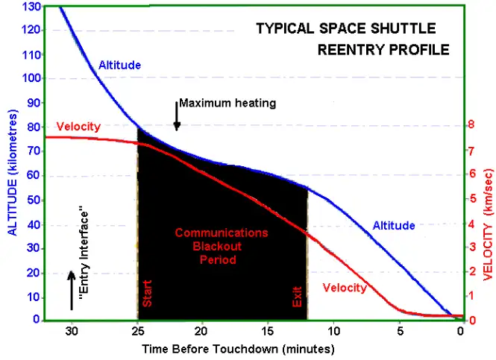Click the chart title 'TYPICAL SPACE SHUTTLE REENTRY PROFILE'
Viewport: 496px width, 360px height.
click(x=353, y=40)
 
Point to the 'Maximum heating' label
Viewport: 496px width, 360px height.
click(x=227, y=104)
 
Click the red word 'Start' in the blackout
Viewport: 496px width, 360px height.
click(x=147, y=293)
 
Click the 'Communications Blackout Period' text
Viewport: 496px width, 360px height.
click(x=221, y=246)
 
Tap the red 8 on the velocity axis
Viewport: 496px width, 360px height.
click(x=470, y=126)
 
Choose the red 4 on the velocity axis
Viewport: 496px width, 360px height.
click(x=470, y=223)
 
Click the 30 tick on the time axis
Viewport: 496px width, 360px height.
click(x=72, y=331)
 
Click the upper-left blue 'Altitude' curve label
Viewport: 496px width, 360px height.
click(x=119, y=66)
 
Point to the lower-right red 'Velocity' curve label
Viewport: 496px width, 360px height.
click(x=344, y=288)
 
